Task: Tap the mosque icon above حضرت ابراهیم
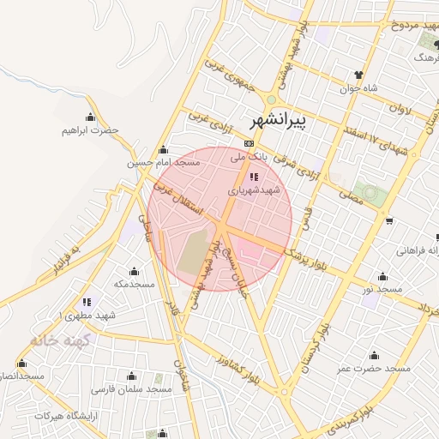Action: point(89,117)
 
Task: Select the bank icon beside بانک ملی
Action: point(250,143)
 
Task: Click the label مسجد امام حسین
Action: point(164,162)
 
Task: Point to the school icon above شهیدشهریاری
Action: point(252,177)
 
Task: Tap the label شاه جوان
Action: point(364,87)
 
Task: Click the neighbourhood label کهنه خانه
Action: point(58,340)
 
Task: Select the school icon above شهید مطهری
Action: point(87,302)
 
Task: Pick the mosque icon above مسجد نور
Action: point(382,277)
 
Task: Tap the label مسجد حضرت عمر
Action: point(374,368)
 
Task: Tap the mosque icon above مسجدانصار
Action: point(21,364)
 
